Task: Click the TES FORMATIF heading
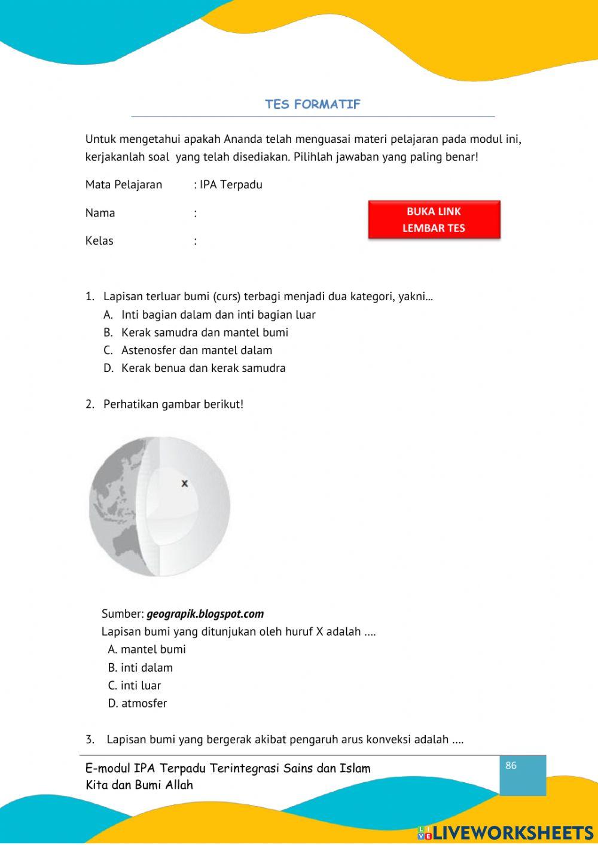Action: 313,104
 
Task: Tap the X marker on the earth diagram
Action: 185,483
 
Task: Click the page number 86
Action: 511,765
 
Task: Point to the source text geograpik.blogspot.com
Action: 205,614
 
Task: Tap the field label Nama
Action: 100,213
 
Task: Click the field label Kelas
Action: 99,241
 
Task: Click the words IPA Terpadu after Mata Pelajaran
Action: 231,184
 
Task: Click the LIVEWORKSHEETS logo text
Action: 512,832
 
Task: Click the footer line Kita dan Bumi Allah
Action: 139,785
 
